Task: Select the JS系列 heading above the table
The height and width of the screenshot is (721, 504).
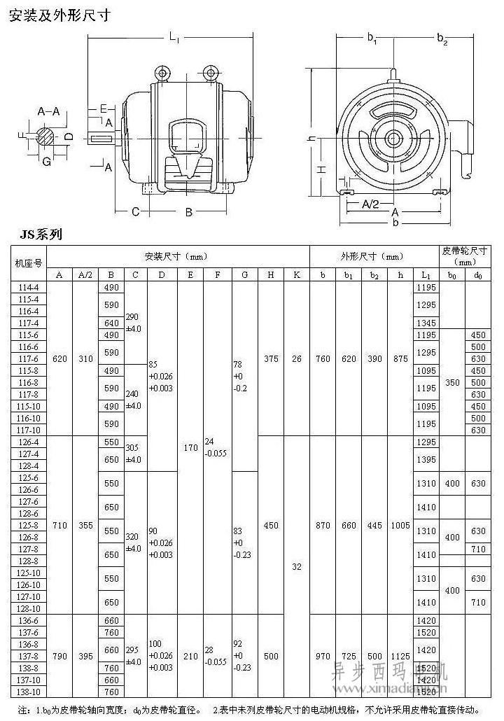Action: click(41, 234)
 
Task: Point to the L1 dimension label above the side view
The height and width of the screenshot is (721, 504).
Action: click(174, 38)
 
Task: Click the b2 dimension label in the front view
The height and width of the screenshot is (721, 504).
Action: click(442, 38)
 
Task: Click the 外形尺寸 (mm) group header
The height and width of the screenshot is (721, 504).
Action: click(372, 255)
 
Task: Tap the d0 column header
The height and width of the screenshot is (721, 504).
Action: click(478, 275)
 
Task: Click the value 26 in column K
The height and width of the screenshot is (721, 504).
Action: click(297, 358)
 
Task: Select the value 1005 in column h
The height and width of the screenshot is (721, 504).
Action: click(400, 525)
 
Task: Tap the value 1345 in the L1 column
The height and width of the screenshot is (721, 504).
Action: click(426, 323)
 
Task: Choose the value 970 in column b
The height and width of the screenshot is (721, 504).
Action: click(323, 657)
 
